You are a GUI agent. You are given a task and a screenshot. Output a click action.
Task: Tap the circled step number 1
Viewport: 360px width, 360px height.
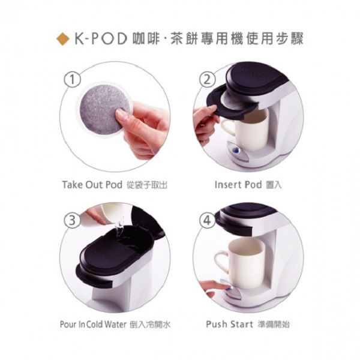click(x=71, y=79)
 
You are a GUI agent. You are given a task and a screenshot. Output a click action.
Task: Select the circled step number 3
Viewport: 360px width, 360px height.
click(x=71, y=220)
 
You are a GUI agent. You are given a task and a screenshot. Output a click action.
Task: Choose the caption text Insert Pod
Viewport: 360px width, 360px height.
click(x=238, y=185)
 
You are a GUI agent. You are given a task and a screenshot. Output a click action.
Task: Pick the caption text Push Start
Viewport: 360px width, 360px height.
click(x=233, y=325)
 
